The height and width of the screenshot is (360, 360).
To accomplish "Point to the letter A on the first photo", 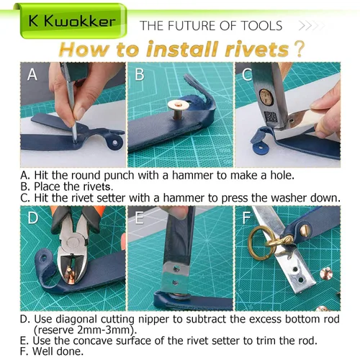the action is [32, 74].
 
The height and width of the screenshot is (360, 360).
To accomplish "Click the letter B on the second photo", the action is [140, 74].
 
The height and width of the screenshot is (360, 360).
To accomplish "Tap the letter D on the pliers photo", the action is [32, 218].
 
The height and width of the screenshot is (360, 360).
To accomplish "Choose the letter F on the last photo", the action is [246, 218].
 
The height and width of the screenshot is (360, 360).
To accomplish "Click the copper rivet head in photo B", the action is [178, 105].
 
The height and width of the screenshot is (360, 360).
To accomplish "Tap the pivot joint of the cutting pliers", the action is [73, 243].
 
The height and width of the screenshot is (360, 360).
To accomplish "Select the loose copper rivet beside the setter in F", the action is [326, 274].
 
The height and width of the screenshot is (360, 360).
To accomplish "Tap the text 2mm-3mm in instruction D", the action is [105, 330].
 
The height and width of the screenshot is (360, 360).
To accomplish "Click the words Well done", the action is [58, 351].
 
